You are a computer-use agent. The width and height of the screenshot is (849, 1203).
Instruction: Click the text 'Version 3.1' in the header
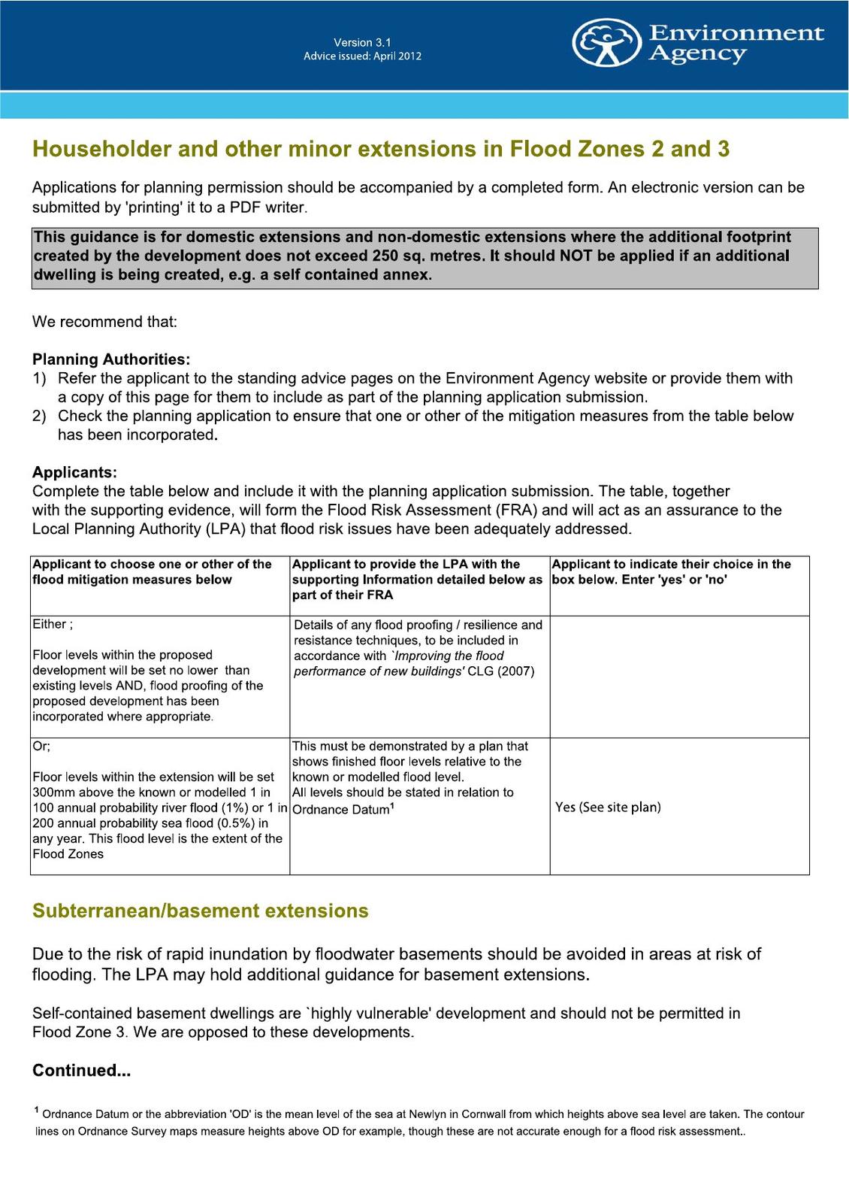tap(362, 42)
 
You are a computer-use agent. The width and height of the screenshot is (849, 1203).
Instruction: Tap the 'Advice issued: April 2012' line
tap(362, 56)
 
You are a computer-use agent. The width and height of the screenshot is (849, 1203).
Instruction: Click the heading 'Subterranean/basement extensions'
tap(200, 911)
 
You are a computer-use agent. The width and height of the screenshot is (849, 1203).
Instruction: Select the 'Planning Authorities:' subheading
tap(111, 359)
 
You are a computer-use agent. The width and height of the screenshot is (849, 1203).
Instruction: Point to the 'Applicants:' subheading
tap(74, 472)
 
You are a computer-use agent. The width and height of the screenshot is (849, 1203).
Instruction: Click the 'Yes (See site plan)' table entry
tap(608, 807)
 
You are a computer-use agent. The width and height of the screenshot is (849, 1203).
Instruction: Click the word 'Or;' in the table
tap(41, 746)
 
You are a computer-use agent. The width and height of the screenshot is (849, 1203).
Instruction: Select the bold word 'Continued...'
tap(81, 1070)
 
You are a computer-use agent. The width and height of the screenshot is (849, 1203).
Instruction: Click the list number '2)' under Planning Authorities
tap(39, 416)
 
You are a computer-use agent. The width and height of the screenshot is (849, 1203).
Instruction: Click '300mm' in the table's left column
tap(51, 792)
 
